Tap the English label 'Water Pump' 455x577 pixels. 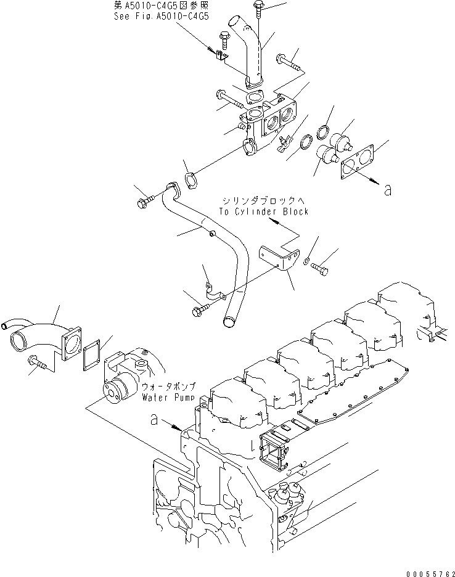(x=168, y=397)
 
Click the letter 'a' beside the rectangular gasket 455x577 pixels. (x=387, y=191)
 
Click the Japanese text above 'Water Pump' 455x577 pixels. (x=168, y=387)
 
